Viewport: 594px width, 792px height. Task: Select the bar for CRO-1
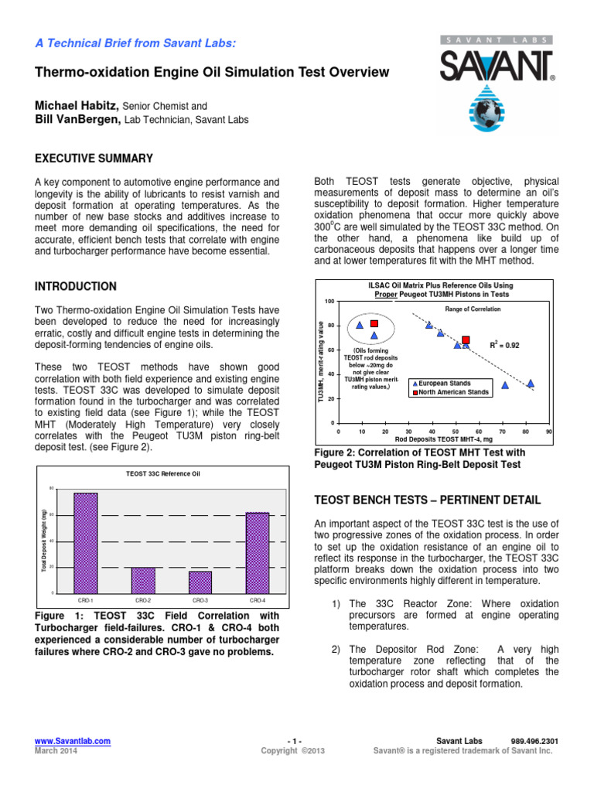coord(86,542)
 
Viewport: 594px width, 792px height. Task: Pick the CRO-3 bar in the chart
coord(200,582)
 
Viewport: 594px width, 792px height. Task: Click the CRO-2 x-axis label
coord(143,600)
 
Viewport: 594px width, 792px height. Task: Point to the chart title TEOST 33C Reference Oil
coord(162,473)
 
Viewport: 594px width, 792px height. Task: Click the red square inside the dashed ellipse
coord(374,323)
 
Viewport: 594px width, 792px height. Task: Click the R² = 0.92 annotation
coord(504,345)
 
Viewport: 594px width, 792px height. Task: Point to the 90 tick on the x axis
coord(548,431)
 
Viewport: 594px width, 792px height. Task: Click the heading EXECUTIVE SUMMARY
coord(94,159)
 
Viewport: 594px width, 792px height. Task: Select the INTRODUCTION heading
coord(76,286)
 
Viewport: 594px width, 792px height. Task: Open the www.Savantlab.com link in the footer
coord(72,741)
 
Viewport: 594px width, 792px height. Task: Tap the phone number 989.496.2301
coord(534,741)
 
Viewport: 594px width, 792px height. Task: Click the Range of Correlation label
coord(473,309)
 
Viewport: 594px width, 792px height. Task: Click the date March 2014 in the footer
coord(56,750)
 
